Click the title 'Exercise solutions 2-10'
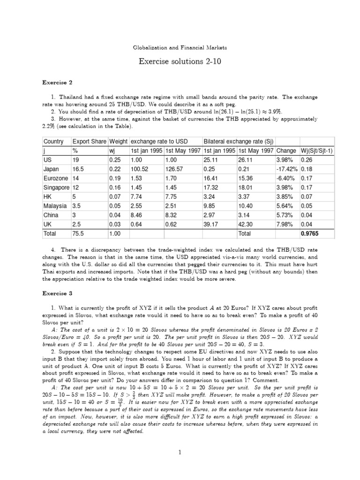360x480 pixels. click(x=180, y=62)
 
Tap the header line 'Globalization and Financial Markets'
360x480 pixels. click(x=180, y=47)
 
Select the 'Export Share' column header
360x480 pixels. click(x=89, y=142)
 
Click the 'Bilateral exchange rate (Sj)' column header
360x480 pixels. click(x=232, y=142)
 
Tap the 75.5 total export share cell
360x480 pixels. click(x=78, y=233)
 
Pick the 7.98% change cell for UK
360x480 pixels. click(x=285, y=224)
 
